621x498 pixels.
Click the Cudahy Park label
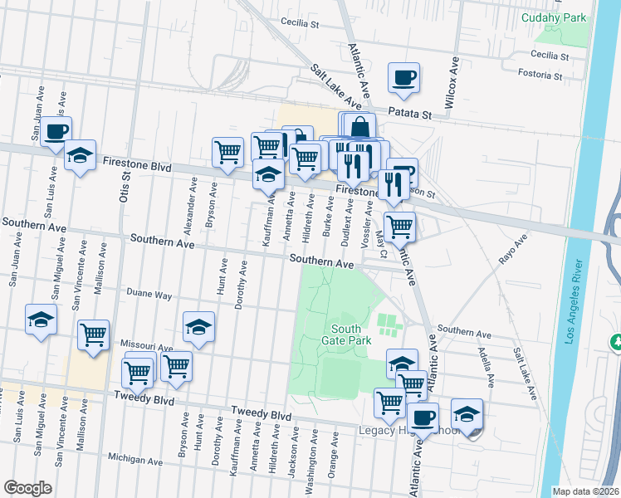[554, 17]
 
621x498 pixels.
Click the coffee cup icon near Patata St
[403, 78]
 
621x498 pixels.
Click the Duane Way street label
[149, 295]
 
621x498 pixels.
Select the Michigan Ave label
[135, 458]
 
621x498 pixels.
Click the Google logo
[27, 488]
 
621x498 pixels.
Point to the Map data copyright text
[586, 491]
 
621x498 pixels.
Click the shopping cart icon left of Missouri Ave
[93, 335]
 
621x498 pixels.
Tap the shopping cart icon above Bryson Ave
[227, 152]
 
